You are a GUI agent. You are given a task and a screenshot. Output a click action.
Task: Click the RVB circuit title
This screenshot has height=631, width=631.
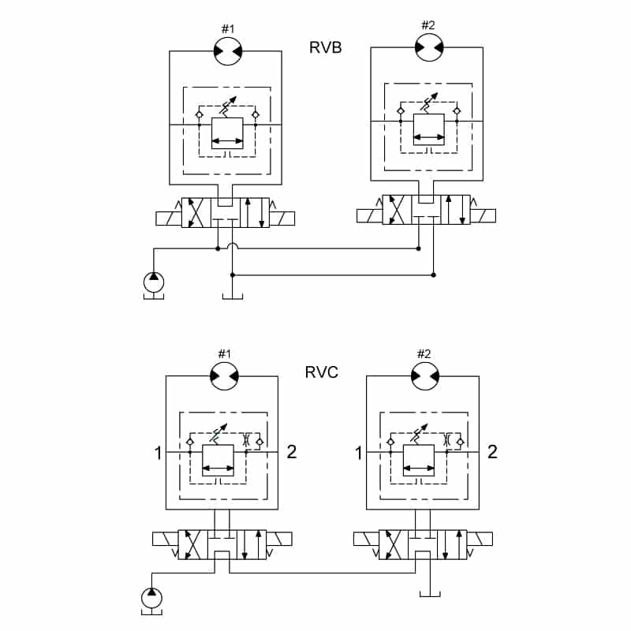(x=325, y=47)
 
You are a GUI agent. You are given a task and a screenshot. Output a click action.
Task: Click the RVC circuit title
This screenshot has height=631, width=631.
(x=322, y=372)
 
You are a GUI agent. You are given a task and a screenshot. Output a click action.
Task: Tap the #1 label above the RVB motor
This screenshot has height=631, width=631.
(x=228, y=29)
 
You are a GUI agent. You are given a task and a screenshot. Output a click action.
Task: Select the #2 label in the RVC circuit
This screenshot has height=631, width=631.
(x=424, y=353)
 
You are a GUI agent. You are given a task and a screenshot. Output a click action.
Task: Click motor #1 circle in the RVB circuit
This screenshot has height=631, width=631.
(x=228, y=51)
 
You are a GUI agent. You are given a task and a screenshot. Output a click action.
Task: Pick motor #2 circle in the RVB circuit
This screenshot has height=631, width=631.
(x=429, y=47)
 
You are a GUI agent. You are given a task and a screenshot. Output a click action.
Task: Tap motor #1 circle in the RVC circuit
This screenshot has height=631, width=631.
(x=225, y=376)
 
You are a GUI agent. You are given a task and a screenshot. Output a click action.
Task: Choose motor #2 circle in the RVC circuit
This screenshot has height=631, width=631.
(x=425, y=376)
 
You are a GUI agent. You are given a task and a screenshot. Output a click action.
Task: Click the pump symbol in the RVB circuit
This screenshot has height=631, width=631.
(x=154, y=282)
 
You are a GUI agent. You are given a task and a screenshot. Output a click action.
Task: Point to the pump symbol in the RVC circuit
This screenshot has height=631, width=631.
(x=151, y=598)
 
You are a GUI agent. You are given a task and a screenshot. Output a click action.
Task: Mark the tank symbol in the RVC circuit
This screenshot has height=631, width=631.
(x=430, y=594)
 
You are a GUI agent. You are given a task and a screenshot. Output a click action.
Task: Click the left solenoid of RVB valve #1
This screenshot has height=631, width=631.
(x=169, y=218)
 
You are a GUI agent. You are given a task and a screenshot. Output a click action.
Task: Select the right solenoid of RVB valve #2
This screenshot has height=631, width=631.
(x=483, y=215)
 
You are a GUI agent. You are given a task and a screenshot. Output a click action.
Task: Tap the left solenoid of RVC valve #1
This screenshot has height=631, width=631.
(x=165, y=539)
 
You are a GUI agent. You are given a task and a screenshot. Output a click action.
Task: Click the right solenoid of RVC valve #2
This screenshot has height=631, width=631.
(x=480, y=539)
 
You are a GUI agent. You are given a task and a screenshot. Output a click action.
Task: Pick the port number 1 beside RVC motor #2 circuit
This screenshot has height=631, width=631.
(x=359, y=453)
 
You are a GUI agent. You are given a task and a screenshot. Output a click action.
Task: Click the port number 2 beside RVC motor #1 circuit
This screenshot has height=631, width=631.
(x=292, y=452)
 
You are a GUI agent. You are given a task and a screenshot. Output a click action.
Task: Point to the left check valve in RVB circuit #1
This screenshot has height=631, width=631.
(x=199, y=114)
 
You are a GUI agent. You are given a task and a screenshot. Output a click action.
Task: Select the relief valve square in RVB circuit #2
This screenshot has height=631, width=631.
(x=429, y=129)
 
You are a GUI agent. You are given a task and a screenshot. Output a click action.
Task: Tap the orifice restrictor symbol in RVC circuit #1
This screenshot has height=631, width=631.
(x=247, y=439)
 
